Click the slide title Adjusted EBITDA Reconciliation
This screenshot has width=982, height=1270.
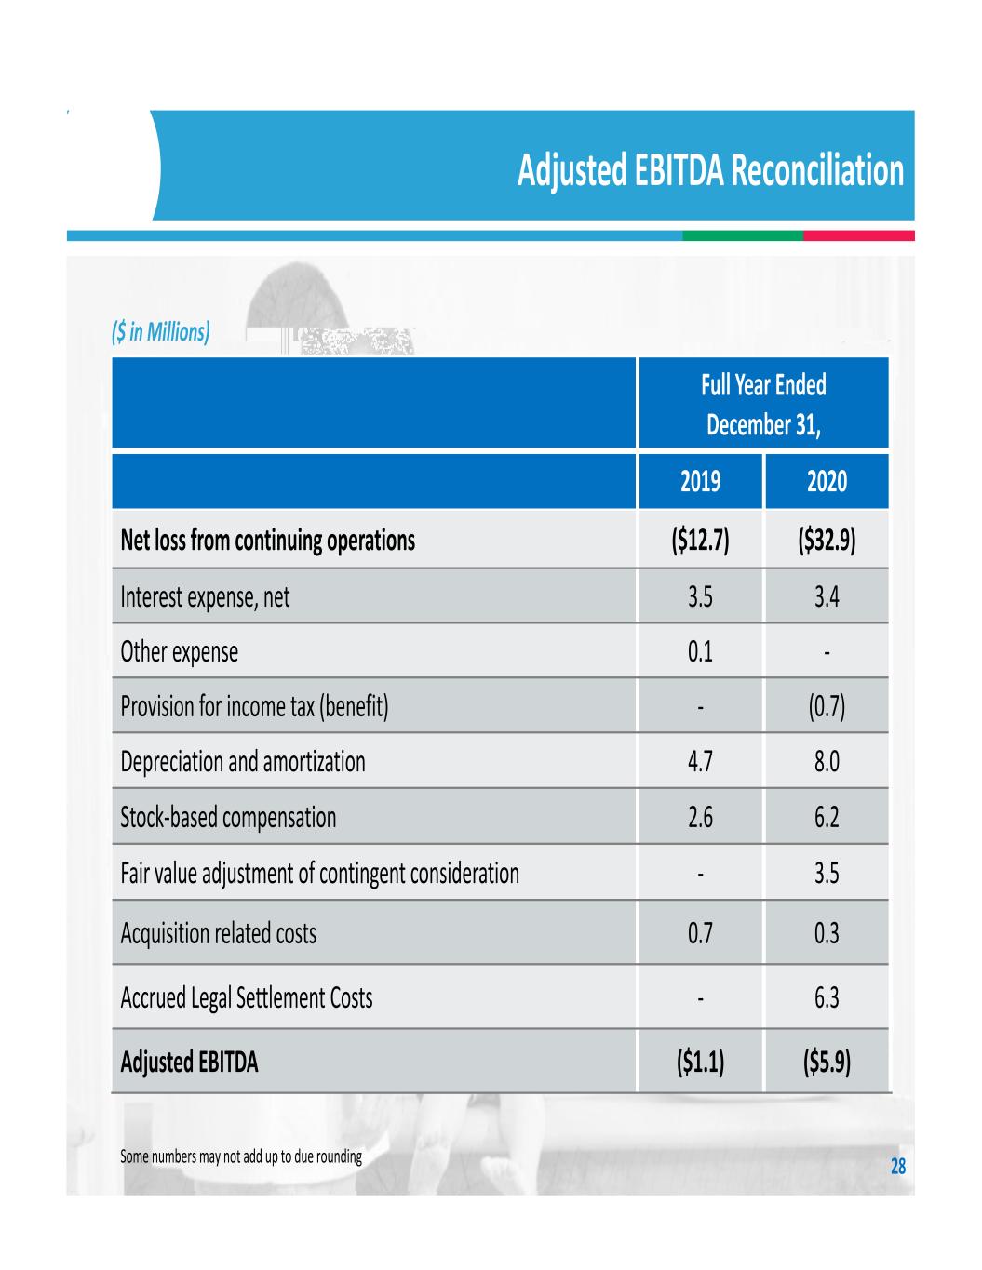coord(710,171)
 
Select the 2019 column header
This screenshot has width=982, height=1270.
coord(700,481)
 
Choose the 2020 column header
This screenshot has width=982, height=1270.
coord(827,481)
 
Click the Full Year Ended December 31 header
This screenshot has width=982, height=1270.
coord(763,405)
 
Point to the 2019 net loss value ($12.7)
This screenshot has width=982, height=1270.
coord(700,541)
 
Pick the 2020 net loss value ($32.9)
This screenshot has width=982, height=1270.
coord(827,541)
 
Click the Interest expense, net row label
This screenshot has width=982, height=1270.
coord(205,596)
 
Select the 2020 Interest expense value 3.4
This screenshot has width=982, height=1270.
coord(827,596)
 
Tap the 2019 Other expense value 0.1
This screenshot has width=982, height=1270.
coord(700,651)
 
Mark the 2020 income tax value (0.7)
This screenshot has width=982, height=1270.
coord(827,707)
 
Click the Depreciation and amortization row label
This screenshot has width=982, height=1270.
coord(243,762)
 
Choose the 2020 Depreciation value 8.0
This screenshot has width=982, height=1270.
coord(827,762)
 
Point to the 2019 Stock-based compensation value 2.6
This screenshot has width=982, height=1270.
coord(700,818)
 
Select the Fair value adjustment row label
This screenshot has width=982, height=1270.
coord(319,874)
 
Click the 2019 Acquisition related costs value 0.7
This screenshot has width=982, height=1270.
coord(700,933)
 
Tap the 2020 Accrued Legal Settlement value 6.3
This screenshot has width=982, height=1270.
coord(827,998)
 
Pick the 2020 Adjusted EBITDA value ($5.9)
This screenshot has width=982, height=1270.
coord(827,1062)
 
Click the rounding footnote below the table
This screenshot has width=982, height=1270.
coord(241,1158)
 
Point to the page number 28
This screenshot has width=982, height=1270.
coord(898,1166)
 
